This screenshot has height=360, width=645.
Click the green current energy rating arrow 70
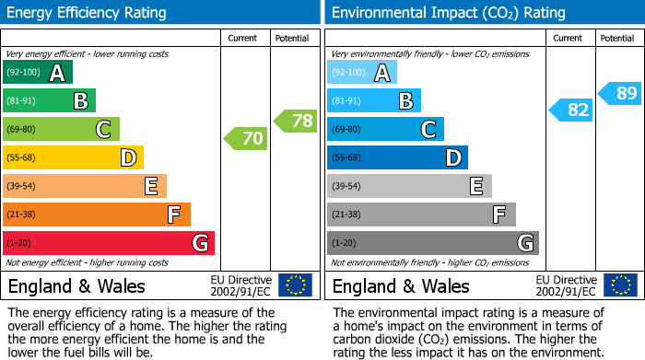pyautogui.click(x=246, y=139)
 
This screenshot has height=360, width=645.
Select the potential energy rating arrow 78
pyautogui.click(x=296, y=121)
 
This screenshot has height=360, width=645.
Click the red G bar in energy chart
pyautogui.click(x=109, y=243)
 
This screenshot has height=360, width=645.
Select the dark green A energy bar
pyautogui.click(x=38, y=73)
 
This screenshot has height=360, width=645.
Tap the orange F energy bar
pyautogui.click(x=97, y=215)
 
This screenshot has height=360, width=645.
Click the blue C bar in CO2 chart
pyautogui.click(x=385, y=129)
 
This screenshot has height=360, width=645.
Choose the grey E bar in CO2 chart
pyautogui.click(x=409, y=186)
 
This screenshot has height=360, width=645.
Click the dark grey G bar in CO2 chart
pyautogui.click(x=432, y=243)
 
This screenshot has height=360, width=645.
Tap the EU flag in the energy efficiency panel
pyautogui.click(x=295, y=285)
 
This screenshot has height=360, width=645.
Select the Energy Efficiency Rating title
pyautogui.click(x=88, y=13)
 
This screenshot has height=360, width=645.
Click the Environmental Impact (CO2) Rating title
pyautogui.click(x=448, y=13)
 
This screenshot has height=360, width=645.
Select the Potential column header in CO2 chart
pyautogui.click(x=617, y=38)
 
